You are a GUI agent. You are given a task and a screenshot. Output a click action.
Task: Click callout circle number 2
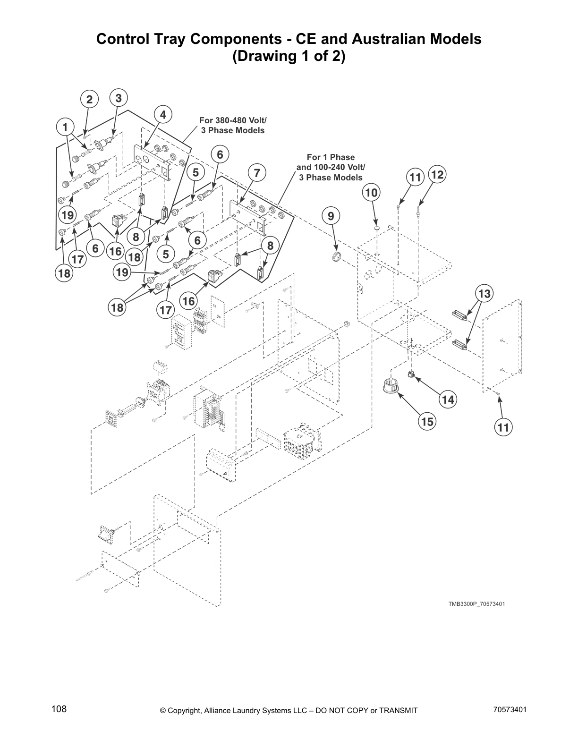(89, 100)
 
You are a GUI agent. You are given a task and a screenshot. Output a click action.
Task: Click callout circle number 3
(119, 98)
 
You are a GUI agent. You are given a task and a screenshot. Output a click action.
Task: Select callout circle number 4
(163, 115)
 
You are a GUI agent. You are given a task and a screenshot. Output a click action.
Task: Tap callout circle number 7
(257, 173)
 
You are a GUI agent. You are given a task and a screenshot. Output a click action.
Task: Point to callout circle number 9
(331, 216)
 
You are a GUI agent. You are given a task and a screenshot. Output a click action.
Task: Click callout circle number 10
(372, 192)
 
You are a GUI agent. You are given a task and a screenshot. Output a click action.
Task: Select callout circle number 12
(437, 175)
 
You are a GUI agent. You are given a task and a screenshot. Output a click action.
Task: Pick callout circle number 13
(484, 294)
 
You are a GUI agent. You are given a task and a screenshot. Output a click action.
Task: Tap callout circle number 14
(448, 399)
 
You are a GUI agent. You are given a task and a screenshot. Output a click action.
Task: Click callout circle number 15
(427, 421)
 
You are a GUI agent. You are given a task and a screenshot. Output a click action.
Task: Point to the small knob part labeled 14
(411, 375)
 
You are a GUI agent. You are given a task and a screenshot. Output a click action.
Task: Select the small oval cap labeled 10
(377, 228)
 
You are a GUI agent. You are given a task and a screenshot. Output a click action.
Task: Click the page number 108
(59, 709)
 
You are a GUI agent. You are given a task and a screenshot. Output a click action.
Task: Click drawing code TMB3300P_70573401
(476, 604)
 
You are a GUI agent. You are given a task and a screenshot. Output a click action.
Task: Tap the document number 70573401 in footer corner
(510, 709)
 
